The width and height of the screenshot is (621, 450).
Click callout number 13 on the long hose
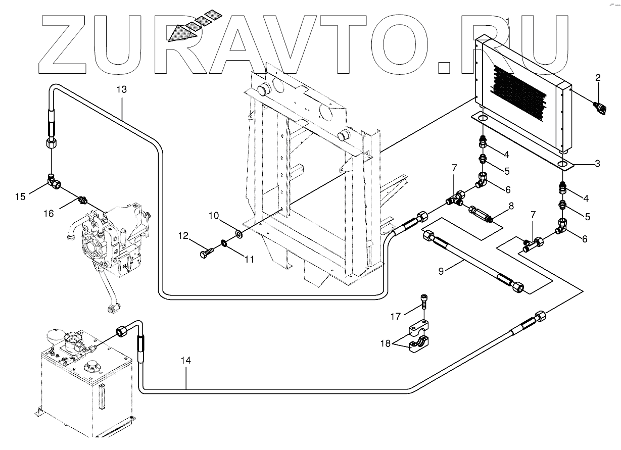121,89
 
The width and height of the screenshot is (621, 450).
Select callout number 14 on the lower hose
186,361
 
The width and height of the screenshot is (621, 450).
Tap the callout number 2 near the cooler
598,78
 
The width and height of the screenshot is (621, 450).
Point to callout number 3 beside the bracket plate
597,163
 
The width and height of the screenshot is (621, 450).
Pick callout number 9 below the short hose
441,271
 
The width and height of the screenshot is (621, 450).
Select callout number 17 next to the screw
395,317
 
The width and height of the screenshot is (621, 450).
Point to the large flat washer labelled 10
237,234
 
